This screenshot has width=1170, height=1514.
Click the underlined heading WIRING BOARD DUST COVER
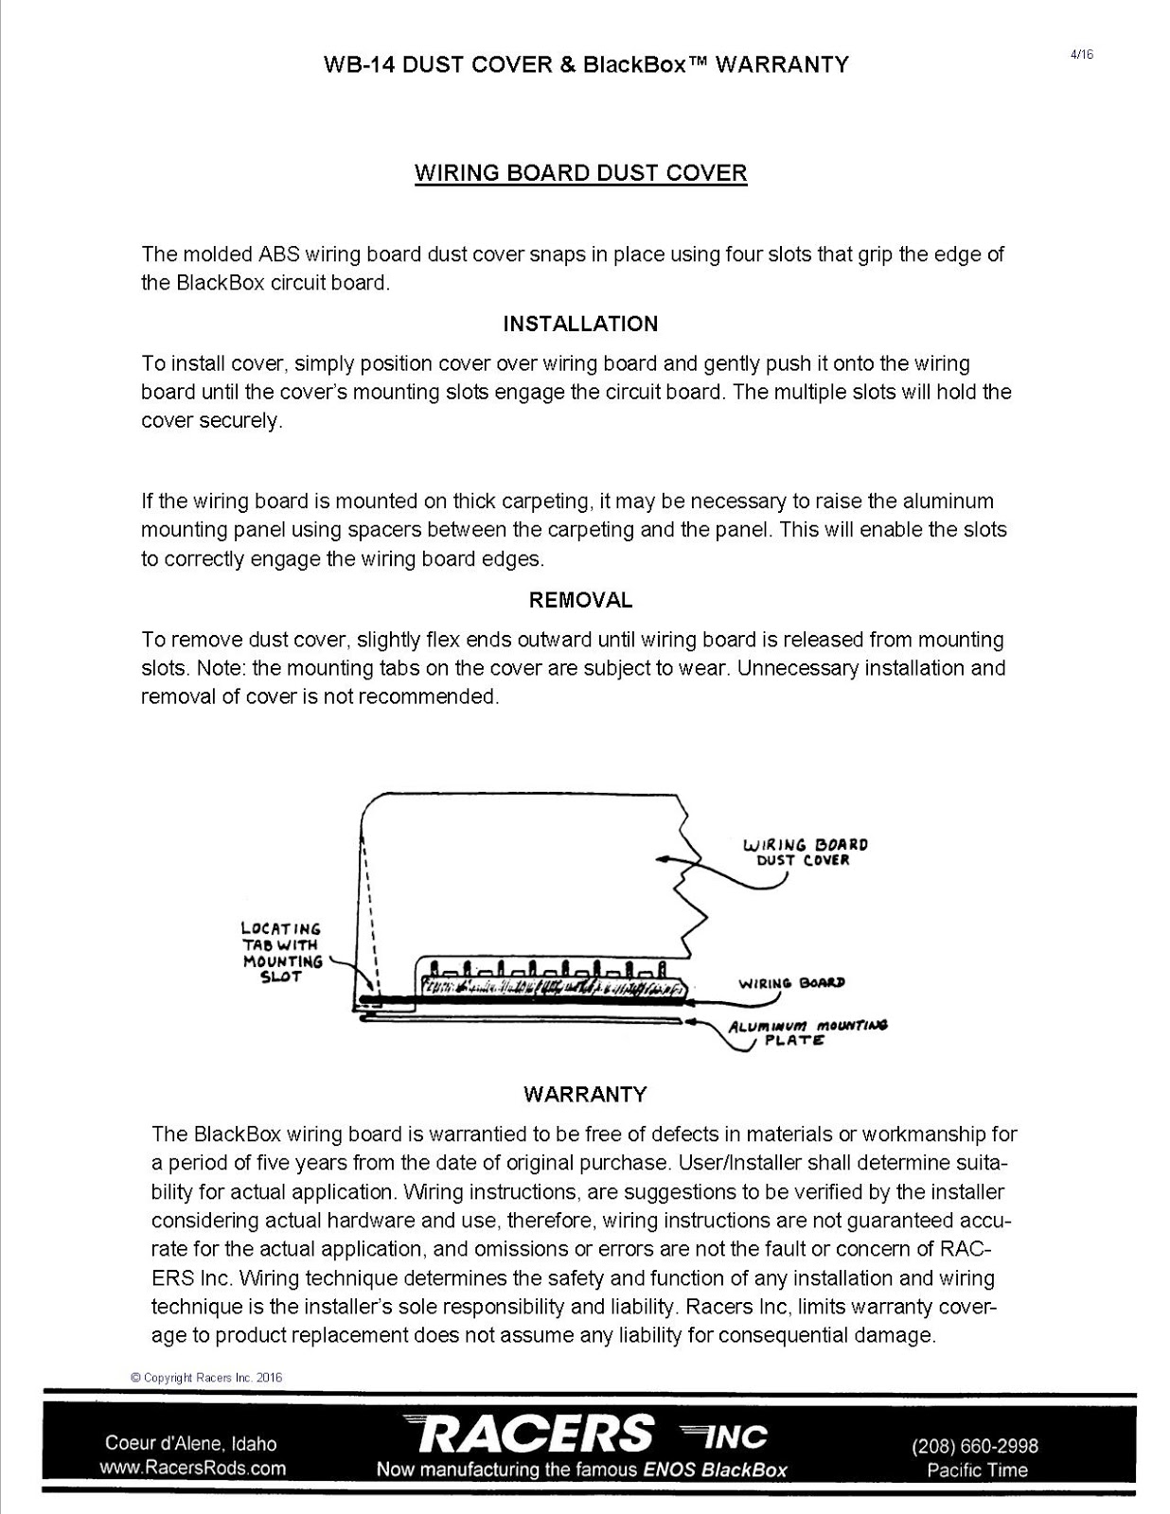[x=581, y=173]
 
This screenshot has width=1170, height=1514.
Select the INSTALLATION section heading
[x=580, y=324]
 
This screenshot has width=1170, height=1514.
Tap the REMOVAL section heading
[x=580, y=600]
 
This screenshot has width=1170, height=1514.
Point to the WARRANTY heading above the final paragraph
[x=585, y=1094]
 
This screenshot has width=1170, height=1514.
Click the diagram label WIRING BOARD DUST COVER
[x=805, y=852]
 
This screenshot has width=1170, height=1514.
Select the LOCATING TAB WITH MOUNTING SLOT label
[x=282, y=953]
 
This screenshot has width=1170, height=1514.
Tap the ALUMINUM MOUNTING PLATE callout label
[x=807, y=1032]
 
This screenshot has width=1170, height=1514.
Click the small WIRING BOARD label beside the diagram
[x=791, y=983]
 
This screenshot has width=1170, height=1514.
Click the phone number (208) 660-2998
[x=975, y=1446]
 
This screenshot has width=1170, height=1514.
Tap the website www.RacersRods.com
[x=192, y=1469]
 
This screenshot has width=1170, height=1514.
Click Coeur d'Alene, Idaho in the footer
[x=191, y=1444]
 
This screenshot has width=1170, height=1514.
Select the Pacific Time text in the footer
[x=977, y=1470]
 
